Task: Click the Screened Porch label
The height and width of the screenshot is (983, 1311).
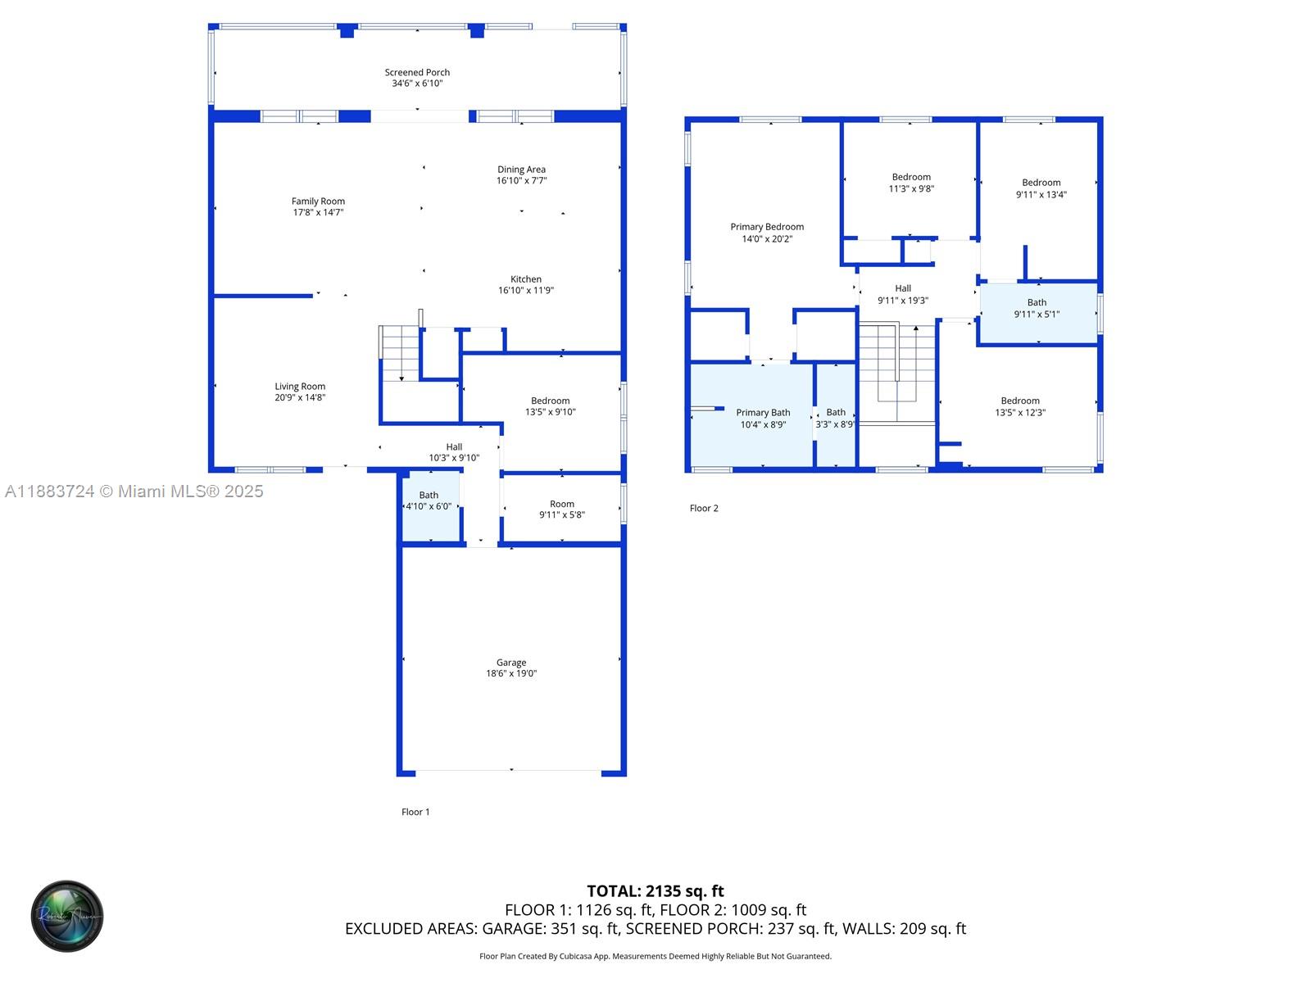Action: click(417, 72)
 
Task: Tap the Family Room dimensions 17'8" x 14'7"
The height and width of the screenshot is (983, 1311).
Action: click(318, 212)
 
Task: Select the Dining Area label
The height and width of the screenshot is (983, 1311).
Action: click(521, 170)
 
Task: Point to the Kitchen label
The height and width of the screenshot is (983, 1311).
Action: click(525, 279)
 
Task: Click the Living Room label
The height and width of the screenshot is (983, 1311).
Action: click(300, 387)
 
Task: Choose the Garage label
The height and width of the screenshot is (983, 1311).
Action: click(511, 663)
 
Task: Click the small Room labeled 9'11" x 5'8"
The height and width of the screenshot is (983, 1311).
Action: click(562, 509)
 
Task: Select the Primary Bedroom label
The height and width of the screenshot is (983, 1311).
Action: click(767, 227)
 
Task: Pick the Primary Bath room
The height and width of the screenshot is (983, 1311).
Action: click(751, 414)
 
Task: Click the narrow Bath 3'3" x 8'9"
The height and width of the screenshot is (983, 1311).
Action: click(836, 414)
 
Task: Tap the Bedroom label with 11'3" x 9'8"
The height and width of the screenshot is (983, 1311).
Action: click(911, 177)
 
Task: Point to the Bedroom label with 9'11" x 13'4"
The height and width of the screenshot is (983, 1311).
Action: click(1041, 183)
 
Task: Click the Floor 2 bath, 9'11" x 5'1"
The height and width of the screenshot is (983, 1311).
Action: click(1039, 314)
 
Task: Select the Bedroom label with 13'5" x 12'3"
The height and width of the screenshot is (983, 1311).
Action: click(1020, 401)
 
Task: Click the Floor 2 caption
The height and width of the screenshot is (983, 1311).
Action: click(704, 509)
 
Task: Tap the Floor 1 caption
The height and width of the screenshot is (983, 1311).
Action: click(415, 812)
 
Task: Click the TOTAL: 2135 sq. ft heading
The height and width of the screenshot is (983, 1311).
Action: click(655, 891)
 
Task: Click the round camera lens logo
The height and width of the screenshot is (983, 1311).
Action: click(67, 916)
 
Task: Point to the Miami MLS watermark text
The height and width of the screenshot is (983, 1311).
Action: click(134, 491)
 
